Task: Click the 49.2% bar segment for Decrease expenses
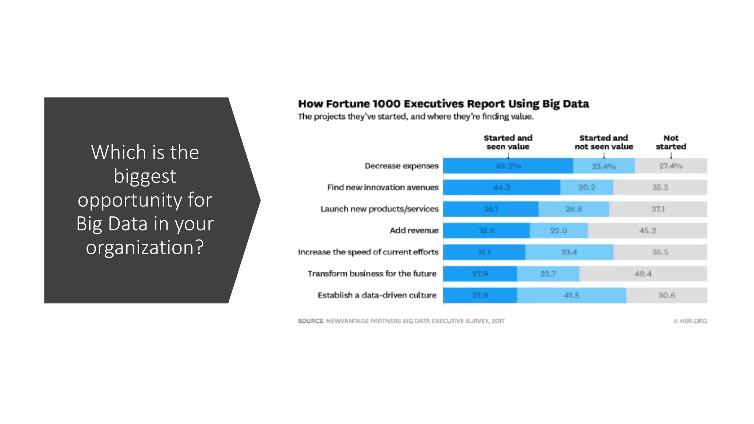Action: point(508,166)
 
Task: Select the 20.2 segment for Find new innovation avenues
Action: point(586,187)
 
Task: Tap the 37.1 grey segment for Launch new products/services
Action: point(658,209)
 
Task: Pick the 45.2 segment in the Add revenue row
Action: point(647,231)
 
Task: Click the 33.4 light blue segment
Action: point(569,252)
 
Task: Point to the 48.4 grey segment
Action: point(643,274)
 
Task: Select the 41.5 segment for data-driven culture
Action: point(571,295)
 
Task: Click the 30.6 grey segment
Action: point(666,295)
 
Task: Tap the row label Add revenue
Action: point(414,231)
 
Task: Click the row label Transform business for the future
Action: point(372,274)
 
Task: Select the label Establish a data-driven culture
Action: point(377,295)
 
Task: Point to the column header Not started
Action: point(671,142)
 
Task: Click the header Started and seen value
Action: point(508,142)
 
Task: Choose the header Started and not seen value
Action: point(604,142)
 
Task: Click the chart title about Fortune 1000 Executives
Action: point(443,104)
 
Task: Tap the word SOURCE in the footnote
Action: point(310,321)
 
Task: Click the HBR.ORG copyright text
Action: point(690,321)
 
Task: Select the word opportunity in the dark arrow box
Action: point(145,200)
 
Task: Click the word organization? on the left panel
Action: point(145,247)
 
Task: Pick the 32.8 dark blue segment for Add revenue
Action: point(486,231)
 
